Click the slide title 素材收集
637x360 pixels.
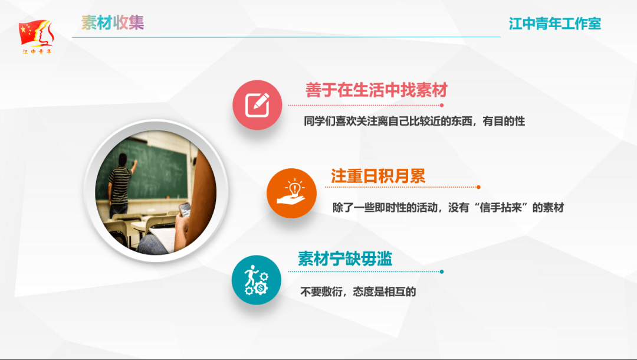pyautogui.click(x=113, y=22)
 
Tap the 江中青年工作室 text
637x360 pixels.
pyautogui.click(x=555, y=24)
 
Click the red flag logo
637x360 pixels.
pyautogui.click(x=35, y=32)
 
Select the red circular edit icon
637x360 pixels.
pyautogui.click(x=257, y=104)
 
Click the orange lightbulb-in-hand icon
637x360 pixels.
pyautogui.click(x=291, y=192)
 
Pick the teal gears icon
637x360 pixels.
pyautogui.click(x=257, y=280)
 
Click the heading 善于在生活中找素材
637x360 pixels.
pyautogui.click(x=376, y=90)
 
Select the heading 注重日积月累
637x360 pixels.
pyautogui.click(x=377, y=176)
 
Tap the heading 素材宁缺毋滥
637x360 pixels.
pyautogui.click(x=345, y=258)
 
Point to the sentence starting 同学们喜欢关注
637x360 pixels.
pyautogui.click(x=414, y=121)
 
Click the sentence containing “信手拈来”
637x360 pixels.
pyautogui.click(x=448, y=208)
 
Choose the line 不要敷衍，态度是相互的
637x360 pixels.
pyautogui.click(x=358, y=292)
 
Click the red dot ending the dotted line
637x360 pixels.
pyautogui.click(x=442, y=105)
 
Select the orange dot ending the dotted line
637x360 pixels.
pyautogui.click(x=478, y=187)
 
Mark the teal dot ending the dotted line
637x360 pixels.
pyautogui.click(x=442, y=272)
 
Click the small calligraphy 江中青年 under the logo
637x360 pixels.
pyautogui.click(x=37, y=52)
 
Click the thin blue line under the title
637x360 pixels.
pyautogui.click(x=286, y=37)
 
